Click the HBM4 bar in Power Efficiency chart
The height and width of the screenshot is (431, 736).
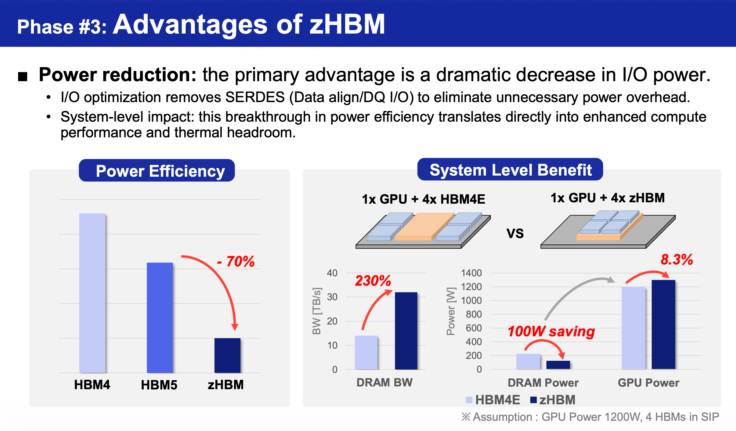click(x=92, y=293)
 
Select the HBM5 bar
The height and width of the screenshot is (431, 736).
click(x=160, y=318)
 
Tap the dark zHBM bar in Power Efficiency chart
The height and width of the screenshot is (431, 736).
click(x=227, y=355)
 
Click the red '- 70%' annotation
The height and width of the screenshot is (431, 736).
click(x=236, y=261)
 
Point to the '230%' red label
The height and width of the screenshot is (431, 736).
click(x=373, y=281)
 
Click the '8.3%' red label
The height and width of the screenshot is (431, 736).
click(x=677, y=260)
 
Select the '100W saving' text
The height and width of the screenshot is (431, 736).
click(x=551, y=332)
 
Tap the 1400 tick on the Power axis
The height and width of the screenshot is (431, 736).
click(x=471, y=273)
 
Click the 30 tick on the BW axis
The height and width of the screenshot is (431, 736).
click(x=332, y=297)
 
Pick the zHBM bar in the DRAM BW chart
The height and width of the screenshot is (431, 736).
click(x=406, y=331)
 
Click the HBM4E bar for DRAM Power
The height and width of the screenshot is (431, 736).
click(x=528, y=362)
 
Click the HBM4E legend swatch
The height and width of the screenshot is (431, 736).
click(x=469, y=400)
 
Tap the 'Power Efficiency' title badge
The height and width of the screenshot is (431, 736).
click(x=157, y=170)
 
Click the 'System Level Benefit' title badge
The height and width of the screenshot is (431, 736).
click(x=510, y=170)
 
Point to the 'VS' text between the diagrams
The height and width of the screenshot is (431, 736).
click(x=515, y=233)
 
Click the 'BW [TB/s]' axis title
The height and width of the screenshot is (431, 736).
click(x=317, y=311)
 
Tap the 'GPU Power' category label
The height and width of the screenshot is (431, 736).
click(x=648, y=383)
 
